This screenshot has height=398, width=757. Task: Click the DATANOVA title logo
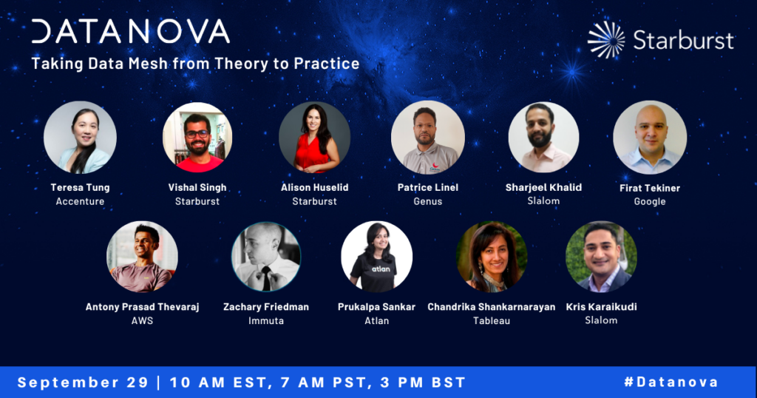(x=130, y=31)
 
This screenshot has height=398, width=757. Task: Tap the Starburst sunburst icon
(x=606, y=40)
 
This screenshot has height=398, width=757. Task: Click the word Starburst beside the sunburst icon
(x=683, y=40)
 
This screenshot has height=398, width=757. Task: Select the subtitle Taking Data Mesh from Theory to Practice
(x=195, y=64)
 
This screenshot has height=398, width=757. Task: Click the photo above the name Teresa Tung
(x=80, y=137)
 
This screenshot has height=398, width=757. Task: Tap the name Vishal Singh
(x=197, y=187)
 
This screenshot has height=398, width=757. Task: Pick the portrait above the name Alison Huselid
(x=315, y=137)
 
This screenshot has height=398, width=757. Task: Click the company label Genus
(x=428, y=201)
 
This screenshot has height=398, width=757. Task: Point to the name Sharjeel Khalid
(x=543, y=187)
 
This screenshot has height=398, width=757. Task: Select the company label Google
(x=650, y=201)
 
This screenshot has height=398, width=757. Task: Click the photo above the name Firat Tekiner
(x=650, y=137)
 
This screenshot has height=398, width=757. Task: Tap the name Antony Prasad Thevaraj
(x=143, y=307)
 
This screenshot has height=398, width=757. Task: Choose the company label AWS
(x=143, y=321)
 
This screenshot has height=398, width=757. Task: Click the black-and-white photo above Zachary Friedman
(x=266, y=257)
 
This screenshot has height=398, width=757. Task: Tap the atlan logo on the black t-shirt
(x=381, y=269)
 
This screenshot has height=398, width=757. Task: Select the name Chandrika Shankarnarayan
(x=492, y=307)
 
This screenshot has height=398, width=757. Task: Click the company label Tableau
(x=492, y=321)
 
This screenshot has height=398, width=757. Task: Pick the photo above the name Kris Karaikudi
(x=602, y=257)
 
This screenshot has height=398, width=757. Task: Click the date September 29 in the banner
(x=83, y=382)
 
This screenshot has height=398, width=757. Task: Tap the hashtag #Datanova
(x=671, y=382)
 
